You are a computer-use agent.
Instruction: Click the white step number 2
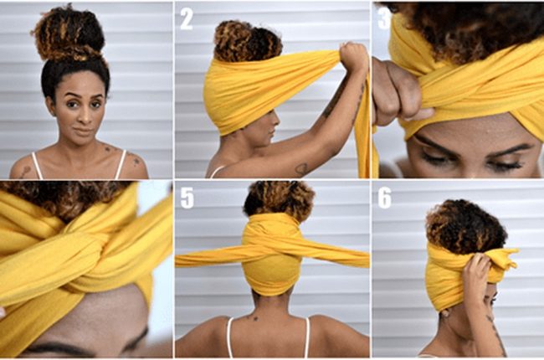[x=187, y=19]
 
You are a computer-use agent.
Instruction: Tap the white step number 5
[x=187, y=198]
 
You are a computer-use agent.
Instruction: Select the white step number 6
[x=384, y=198]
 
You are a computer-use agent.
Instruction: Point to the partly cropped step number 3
[x=383, y=19]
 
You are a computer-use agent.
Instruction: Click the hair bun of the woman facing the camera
[x=69, y=33]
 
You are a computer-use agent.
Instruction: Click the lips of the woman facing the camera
[x=83, y=131]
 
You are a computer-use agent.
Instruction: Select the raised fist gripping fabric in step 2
[x=352, y=56]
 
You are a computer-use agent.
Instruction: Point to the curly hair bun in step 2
[x=246, y=41]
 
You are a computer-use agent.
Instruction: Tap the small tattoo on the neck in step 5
[x=255, y=317]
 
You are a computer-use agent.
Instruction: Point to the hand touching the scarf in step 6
[x=477, y=278]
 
